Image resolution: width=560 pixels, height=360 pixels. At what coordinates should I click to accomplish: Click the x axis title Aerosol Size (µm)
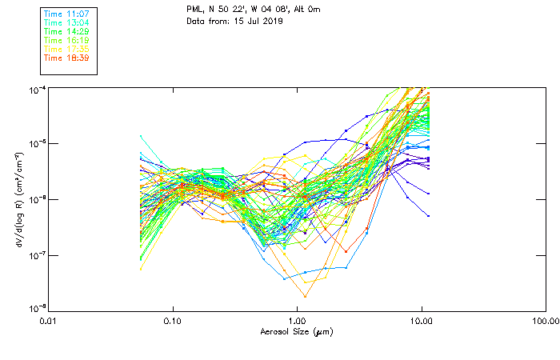point(297,330)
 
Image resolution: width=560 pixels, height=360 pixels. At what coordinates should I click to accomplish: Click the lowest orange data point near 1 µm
point(305,296)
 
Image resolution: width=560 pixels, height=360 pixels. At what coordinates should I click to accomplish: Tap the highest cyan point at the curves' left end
point(142,136)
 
